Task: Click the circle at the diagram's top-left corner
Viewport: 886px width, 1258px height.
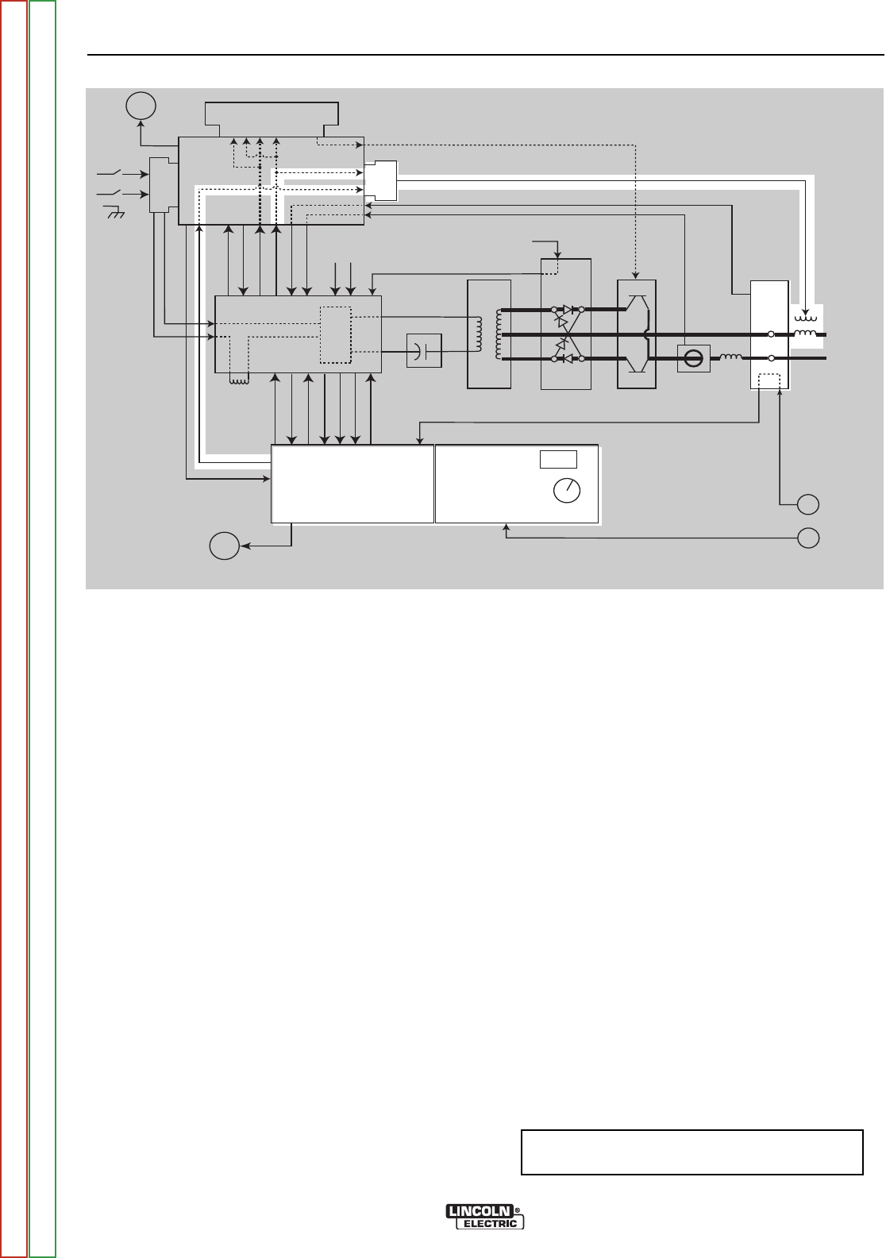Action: click(x=141, y=106)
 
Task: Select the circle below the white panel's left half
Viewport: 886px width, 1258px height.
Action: click(x=224, y=547)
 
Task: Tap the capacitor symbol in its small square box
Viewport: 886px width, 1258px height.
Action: click(x=424, y=351)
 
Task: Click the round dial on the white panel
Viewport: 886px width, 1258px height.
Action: click(x=567, y=491)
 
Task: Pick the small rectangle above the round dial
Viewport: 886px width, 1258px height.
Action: click(x=558, y=459)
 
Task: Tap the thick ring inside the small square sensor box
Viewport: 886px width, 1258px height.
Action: click(x=693, y=359)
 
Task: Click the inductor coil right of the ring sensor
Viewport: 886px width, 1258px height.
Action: click(x=730, y=358)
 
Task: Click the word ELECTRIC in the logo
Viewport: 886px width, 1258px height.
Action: click(x=491, y=1224)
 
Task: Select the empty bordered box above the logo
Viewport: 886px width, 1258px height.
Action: click(x=691, y=1152)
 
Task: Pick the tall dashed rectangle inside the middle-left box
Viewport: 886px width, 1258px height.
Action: click(x=335, y=334)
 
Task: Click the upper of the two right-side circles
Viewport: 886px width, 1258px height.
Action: click(x=808, y=504)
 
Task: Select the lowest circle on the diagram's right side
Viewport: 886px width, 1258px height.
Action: click(x=808, y=538)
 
